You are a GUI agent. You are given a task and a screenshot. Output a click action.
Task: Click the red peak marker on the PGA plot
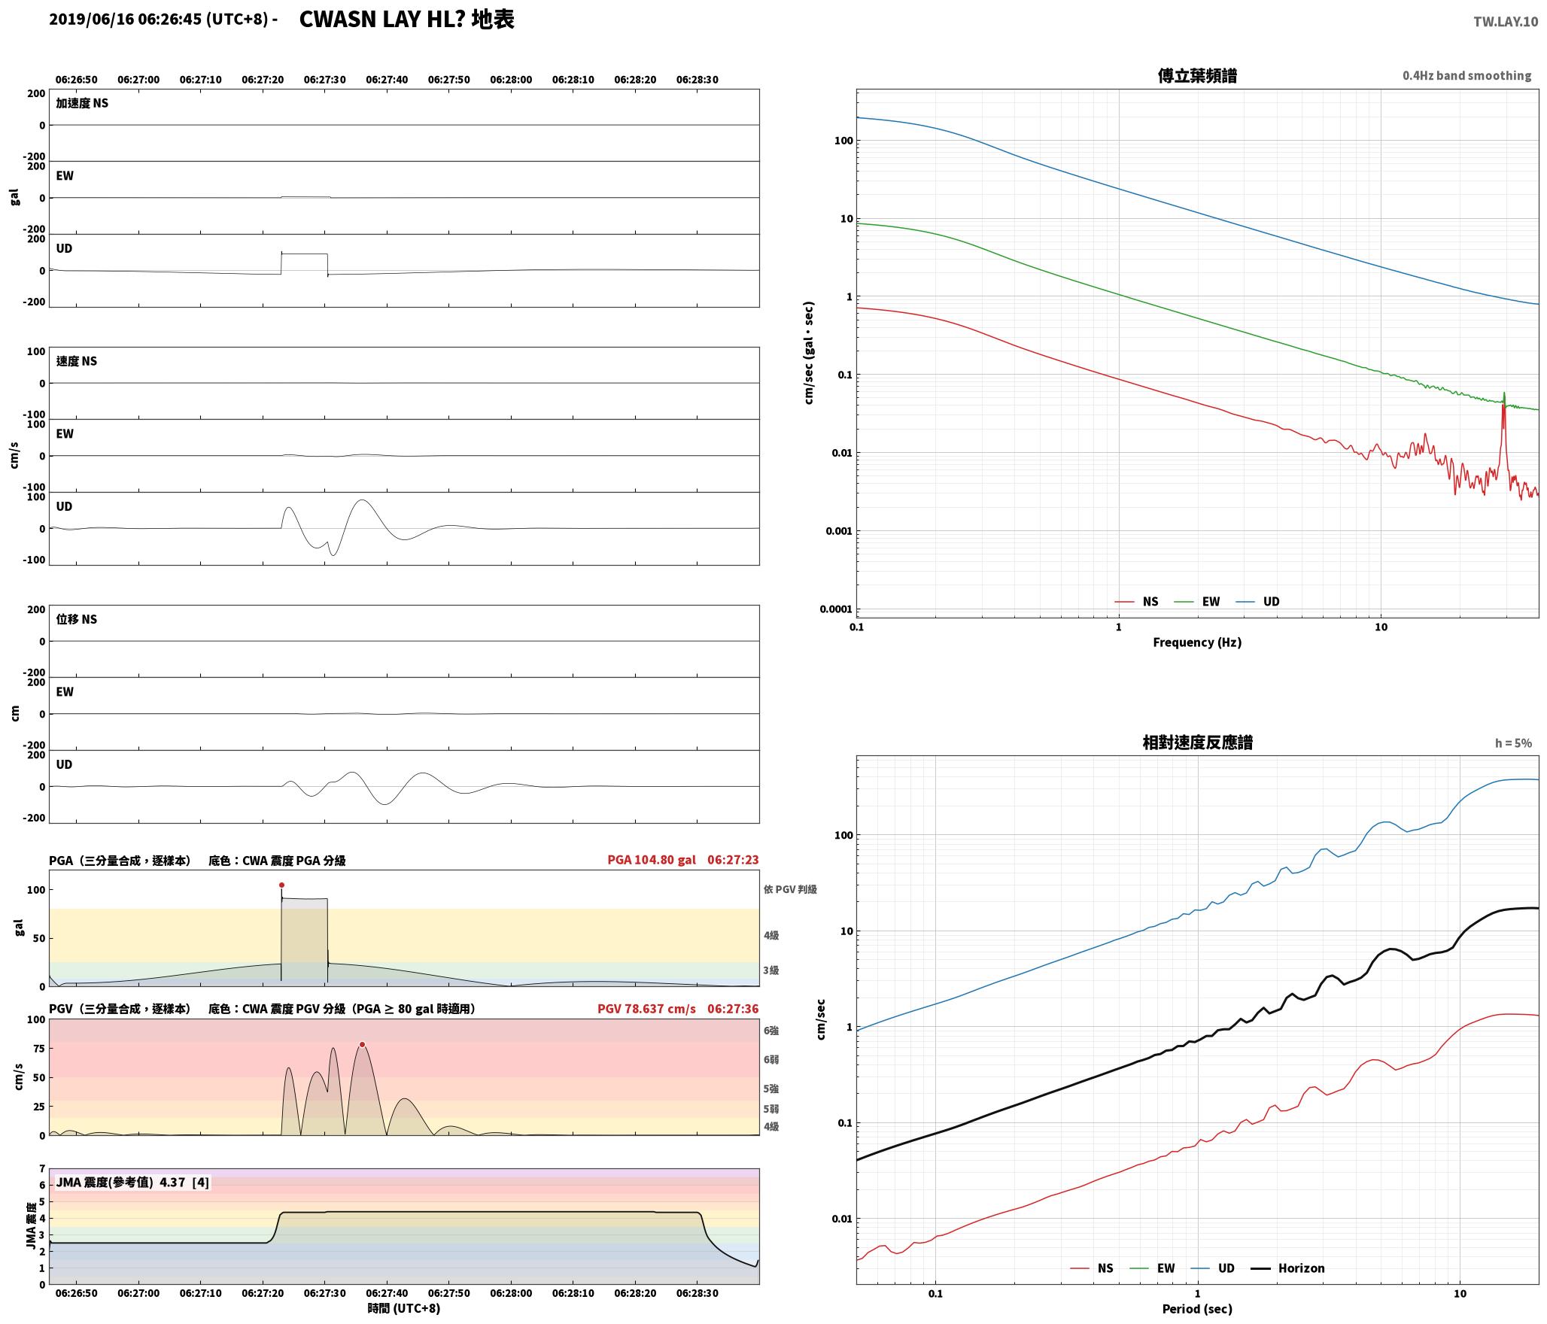click(x=281, y=885)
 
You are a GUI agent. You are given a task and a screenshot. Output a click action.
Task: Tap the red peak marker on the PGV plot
click(x=362, y=1044)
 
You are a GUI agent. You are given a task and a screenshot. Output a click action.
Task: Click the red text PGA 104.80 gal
click(x=652, y=860)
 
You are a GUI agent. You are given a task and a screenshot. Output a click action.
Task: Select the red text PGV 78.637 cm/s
click(x=647, y=1008)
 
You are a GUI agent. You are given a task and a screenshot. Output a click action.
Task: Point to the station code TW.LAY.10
click(x=1506, y=22)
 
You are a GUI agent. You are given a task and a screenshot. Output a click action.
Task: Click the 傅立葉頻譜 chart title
click(x=1197, y=76)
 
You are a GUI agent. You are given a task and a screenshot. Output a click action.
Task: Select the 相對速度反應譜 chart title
click(x=1197, y=742)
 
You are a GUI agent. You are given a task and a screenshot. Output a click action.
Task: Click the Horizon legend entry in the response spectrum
click(x=1287, y=1268)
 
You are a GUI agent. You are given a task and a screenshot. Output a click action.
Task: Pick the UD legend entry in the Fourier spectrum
click(x=1257, y=602)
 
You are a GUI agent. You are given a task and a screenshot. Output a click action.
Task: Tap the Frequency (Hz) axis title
click(x=1197, y=642)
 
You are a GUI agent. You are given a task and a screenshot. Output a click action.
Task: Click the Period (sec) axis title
click(x=1197, y=1309)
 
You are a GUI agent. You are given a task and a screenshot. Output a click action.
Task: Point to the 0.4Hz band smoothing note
click(x=1466, y=76)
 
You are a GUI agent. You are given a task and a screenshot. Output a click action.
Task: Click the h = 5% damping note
click(x=1513, y=743)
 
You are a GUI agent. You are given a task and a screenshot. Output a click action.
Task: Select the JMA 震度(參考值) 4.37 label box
click(x=132, y=1183)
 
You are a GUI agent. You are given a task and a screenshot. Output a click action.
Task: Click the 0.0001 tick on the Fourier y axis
click(x=836, y=609)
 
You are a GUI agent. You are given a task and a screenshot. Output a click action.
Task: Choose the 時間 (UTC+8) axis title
click(x=404, y=1308)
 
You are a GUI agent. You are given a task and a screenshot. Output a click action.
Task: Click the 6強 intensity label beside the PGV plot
click(x=771, y=1031)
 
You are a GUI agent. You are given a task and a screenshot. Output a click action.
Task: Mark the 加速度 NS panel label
click(x=82, y=103)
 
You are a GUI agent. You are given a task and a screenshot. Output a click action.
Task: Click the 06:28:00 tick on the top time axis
click(x=511, y=80)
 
